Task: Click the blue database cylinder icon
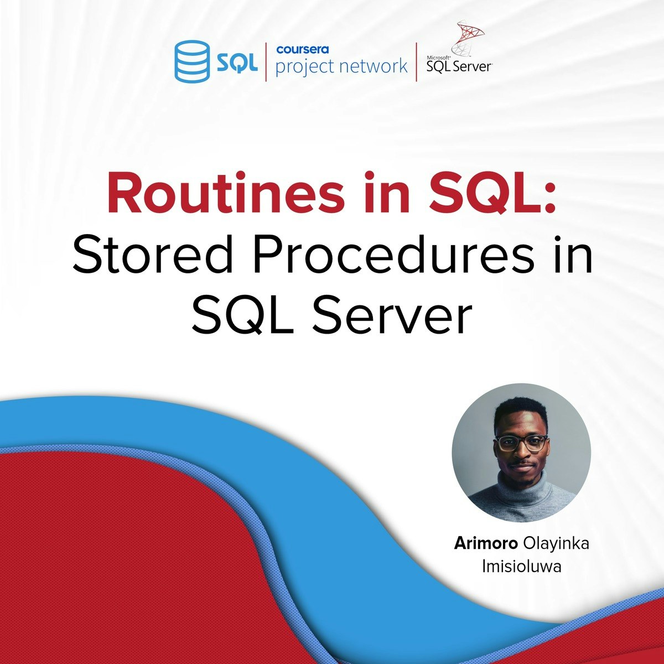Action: coord(192,61)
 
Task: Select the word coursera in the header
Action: coord(303,50)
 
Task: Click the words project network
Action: coord(341,66)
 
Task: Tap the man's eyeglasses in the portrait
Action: coord(521,443)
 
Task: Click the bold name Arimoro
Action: coord(486,543)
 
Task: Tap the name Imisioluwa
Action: coord(522,567)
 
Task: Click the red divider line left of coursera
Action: coord(266,62)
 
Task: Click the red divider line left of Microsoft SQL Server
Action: coord(416,62)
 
